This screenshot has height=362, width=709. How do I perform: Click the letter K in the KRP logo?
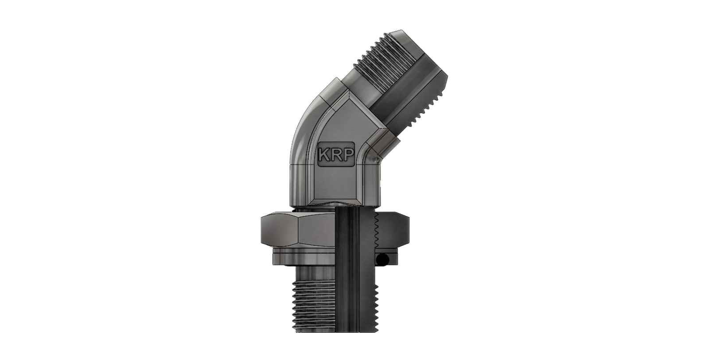[x=325, y=154]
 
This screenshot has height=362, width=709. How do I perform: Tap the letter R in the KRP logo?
[x=336, y=154]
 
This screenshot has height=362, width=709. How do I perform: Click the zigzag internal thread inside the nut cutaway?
[x=377, y=232]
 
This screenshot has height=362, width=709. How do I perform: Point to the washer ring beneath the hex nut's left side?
[x=304, y=257]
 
